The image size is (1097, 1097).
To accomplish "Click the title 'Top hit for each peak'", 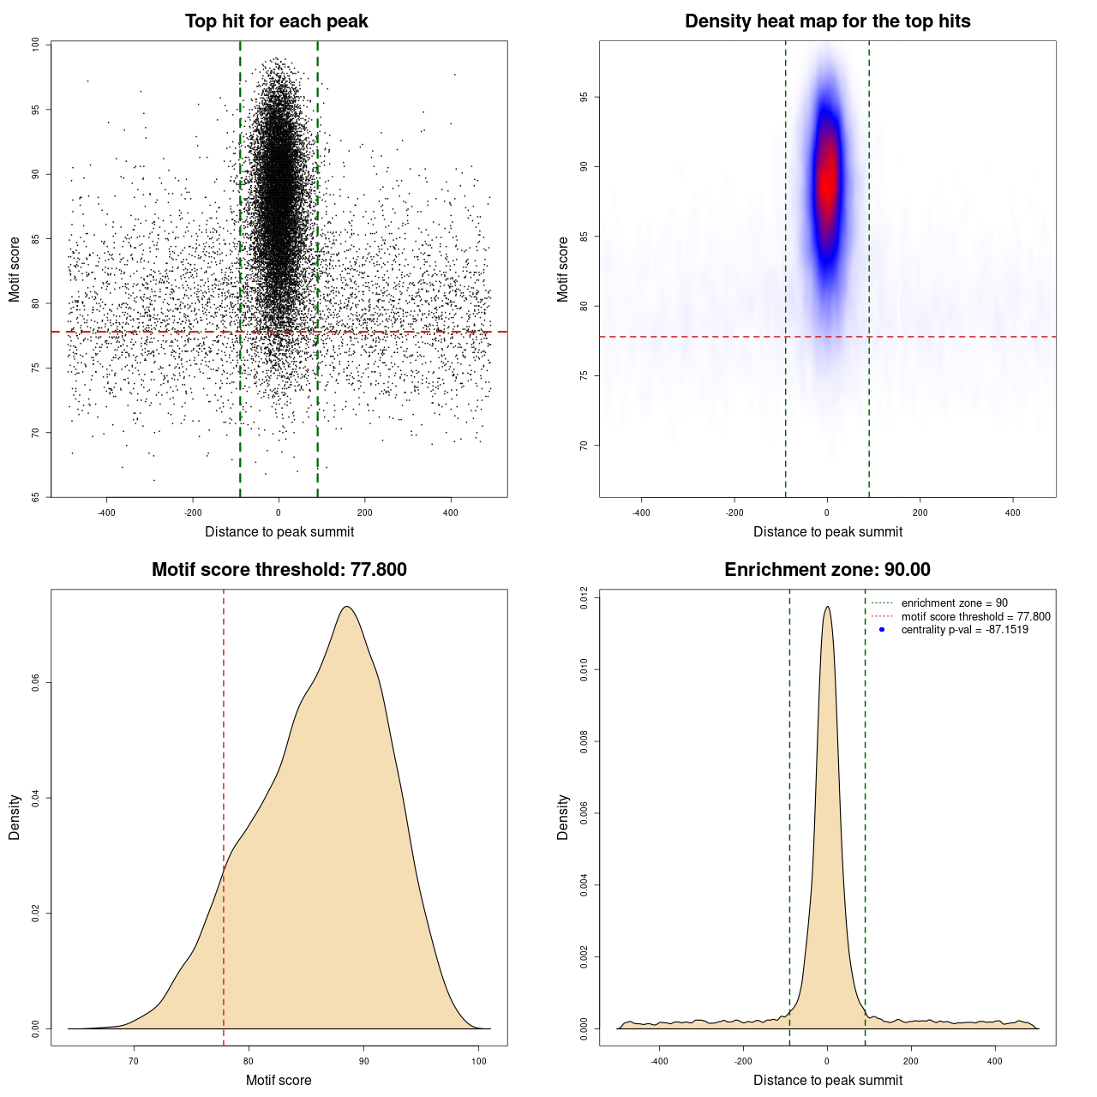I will point(276,21).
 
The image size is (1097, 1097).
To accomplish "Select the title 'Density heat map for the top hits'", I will point(827,21).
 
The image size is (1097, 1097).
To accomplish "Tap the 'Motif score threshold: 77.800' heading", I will point(279,570).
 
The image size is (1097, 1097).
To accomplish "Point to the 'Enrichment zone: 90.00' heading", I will point(827,570).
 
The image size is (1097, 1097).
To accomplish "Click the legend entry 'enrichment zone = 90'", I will point(954,603).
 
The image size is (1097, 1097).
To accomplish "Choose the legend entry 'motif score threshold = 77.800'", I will point(975,616).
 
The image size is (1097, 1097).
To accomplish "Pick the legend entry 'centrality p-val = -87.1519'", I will point(964,630).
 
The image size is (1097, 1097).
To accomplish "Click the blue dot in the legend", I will point(882,630).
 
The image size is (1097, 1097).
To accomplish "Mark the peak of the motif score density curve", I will point(346,607).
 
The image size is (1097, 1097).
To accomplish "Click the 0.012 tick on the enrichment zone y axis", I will point(584,597).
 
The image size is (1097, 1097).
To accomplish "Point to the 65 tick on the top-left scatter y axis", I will point(35,497).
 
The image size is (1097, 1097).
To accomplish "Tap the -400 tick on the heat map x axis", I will point(641,513).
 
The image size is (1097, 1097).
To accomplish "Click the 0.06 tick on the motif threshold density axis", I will point(35,683).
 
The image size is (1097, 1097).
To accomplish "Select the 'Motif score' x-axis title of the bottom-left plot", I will point(279,1080).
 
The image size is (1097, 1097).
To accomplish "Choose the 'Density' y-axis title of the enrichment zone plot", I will point(563,817).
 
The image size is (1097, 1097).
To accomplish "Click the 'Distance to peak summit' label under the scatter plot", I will point(279,531).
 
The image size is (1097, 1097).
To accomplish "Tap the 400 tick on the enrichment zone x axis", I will point(995,1061).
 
